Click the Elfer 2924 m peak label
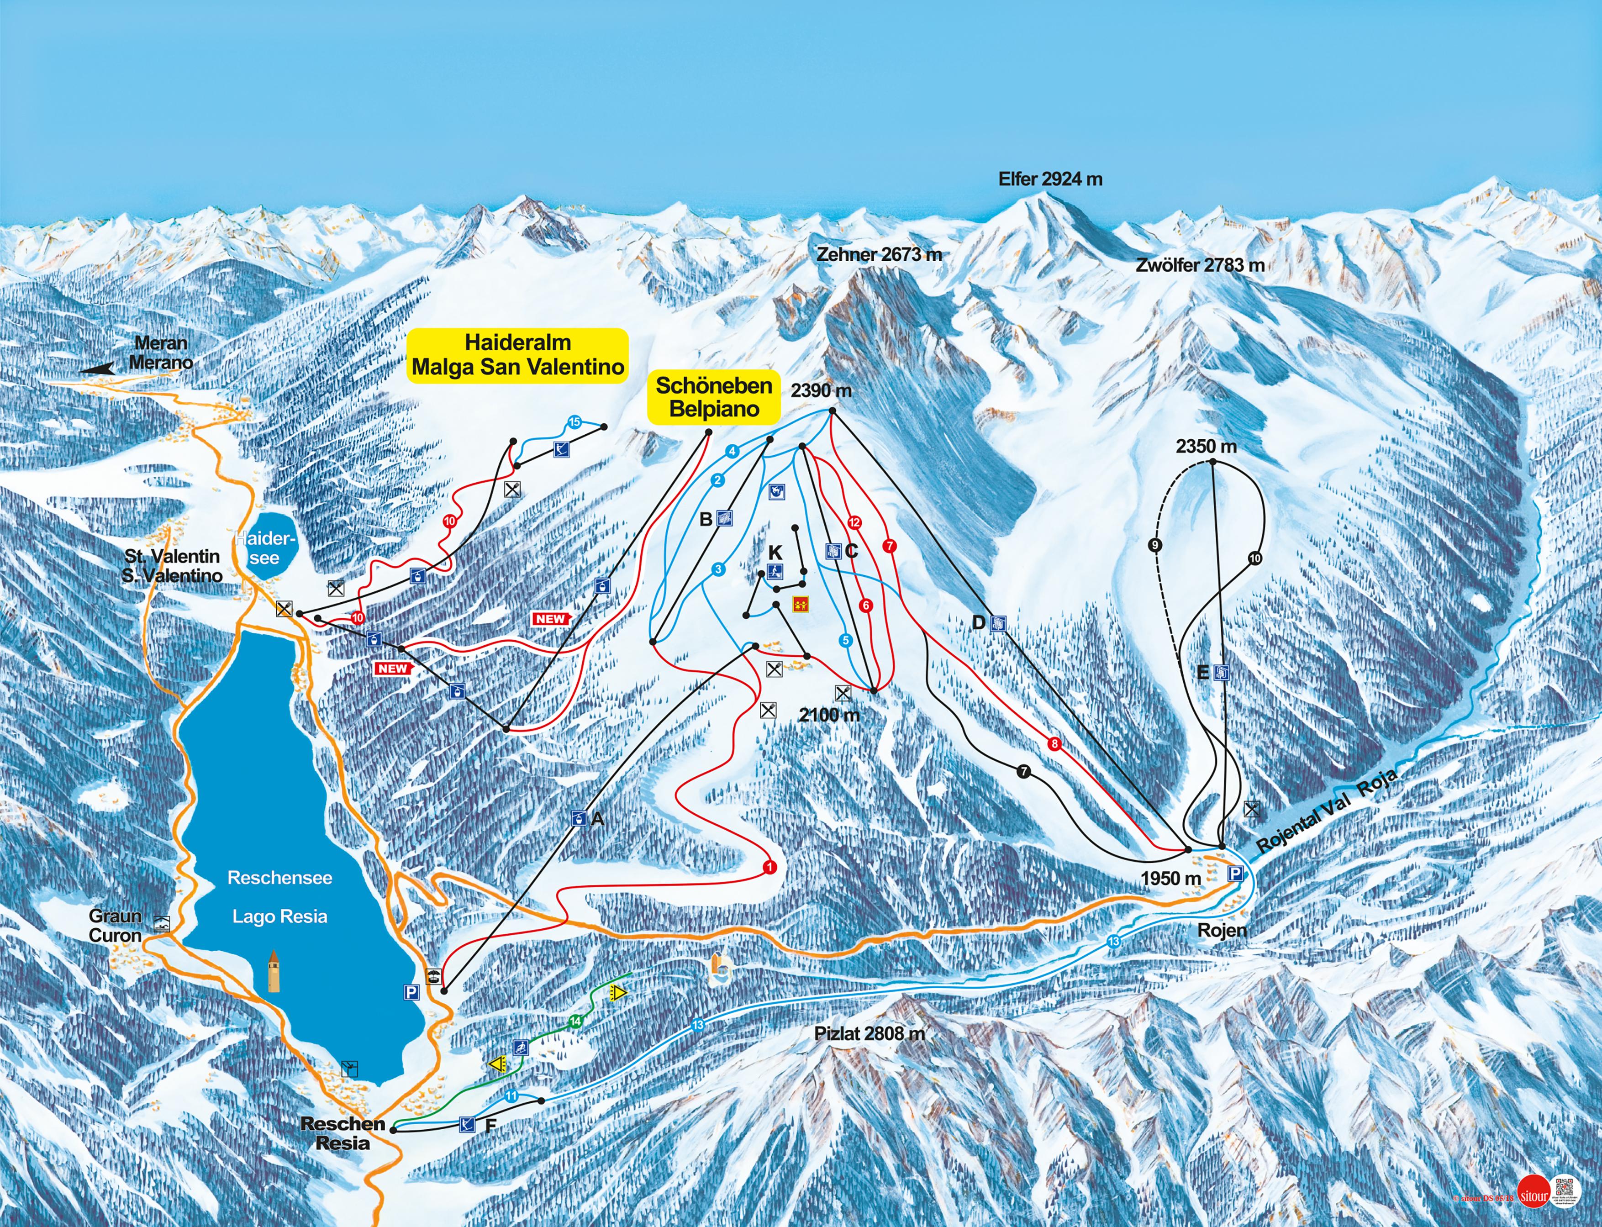[1050, 179]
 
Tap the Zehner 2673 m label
[879, 255]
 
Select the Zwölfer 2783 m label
[1200, 266]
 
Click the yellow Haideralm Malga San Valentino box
[517, 355]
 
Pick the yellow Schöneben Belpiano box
[714, 397]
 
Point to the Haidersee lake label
[264, 548]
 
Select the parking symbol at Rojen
[1234, 874]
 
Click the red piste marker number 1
[769, 867]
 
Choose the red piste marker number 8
[1054, 744]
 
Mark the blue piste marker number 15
[574, 422]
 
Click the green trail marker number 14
[576, 1021]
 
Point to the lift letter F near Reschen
[490, 1126]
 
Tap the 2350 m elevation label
[1206, 446]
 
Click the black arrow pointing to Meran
[97, 369]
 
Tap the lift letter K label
[775, 553]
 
